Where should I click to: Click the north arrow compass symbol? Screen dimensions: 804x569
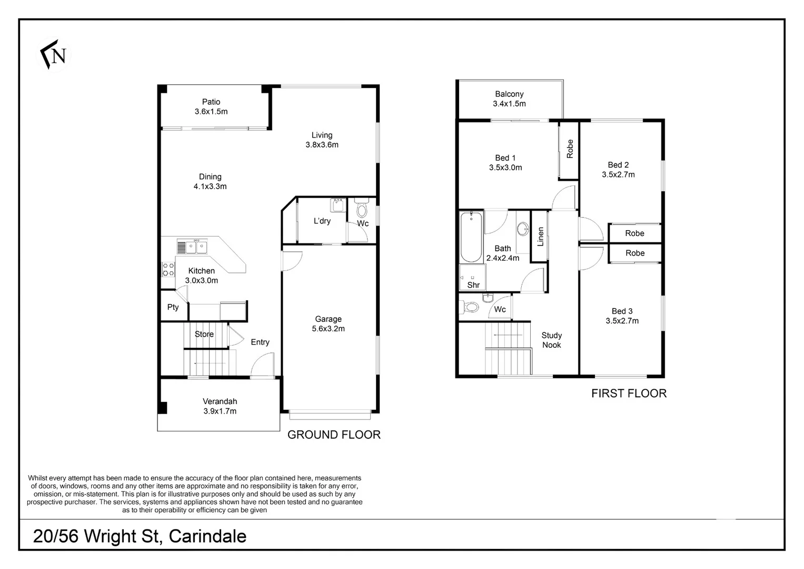(54, 55)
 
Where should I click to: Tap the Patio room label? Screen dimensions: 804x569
(211, 102)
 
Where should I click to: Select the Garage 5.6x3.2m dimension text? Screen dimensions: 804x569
(328, 328)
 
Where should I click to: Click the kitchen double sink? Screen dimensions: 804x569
(192, 247)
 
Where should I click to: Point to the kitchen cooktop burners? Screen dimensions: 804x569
(168, 269)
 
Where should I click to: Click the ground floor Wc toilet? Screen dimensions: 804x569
(361, 208)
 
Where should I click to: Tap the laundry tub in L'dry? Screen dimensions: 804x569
(338, 205)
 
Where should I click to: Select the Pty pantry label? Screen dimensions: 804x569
(173, 307)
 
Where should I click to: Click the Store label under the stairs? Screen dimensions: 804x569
(204, 334)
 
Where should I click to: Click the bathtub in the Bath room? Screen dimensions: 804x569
(471, 237)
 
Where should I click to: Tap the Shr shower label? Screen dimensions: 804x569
(473, 285)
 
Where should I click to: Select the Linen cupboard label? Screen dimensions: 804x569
(541, 237)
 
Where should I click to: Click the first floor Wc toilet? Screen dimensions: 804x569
(469, 307)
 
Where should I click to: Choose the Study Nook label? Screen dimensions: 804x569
(551, 340)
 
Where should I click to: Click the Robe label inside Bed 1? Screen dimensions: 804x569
(570, 149)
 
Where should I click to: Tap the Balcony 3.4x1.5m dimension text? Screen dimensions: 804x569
(509, 104)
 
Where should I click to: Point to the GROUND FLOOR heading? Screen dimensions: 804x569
(334, 435)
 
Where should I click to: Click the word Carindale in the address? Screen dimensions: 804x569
(207, 536)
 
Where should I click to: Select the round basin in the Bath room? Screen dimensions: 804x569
(523, 229)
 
